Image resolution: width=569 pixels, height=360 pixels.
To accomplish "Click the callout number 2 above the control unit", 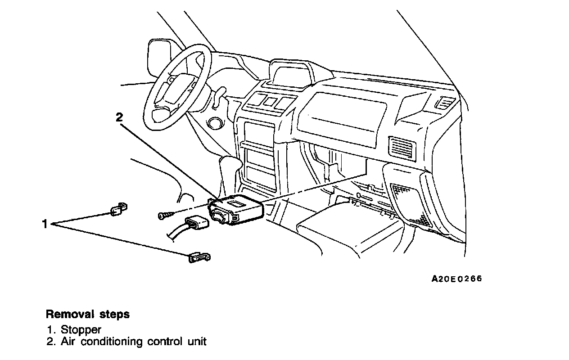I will tap(119, 118).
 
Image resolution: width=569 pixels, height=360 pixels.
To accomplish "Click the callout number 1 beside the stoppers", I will tap(45, 224).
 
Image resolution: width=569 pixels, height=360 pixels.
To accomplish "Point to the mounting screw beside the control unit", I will tap(166, 216).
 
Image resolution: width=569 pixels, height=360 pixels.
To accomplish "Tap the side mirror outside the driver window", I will tap(160, 58).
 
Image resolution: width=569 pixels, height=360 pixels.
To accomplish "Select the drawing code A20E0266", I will tap(456, 279).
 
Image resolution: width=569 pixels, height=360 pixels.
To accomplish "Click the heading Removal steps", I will tap(88, 314).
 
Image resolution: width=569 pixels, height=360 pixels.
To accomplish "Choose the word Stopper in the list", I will tap(81, 329).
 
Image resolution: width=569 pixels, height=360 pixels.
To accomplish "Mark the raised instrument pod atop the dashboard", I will tap(291, 74).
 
